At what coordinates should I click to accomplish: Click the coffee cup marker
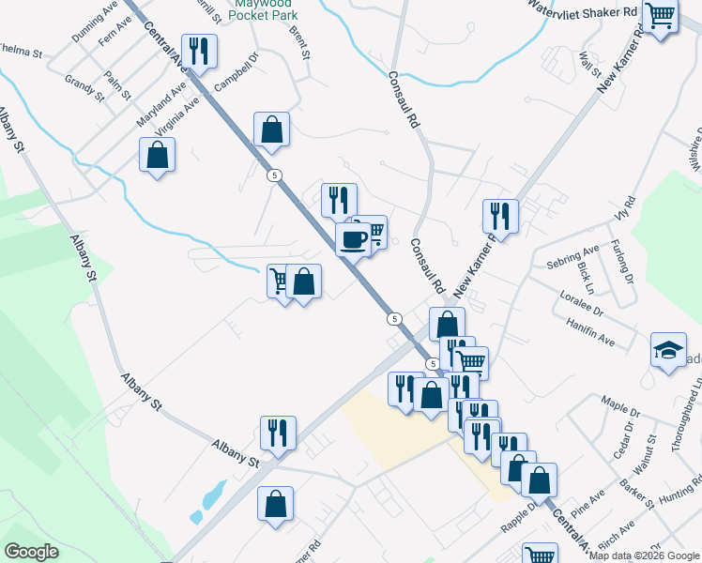353,238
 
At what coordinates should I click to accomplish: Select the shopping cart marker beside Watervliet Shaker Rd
661,16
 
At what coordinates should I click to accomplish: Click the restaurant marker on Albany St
278,434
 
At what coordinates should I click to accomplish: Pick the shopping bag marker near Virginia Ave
158,155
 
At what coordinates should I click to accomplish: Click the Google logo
31,552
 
